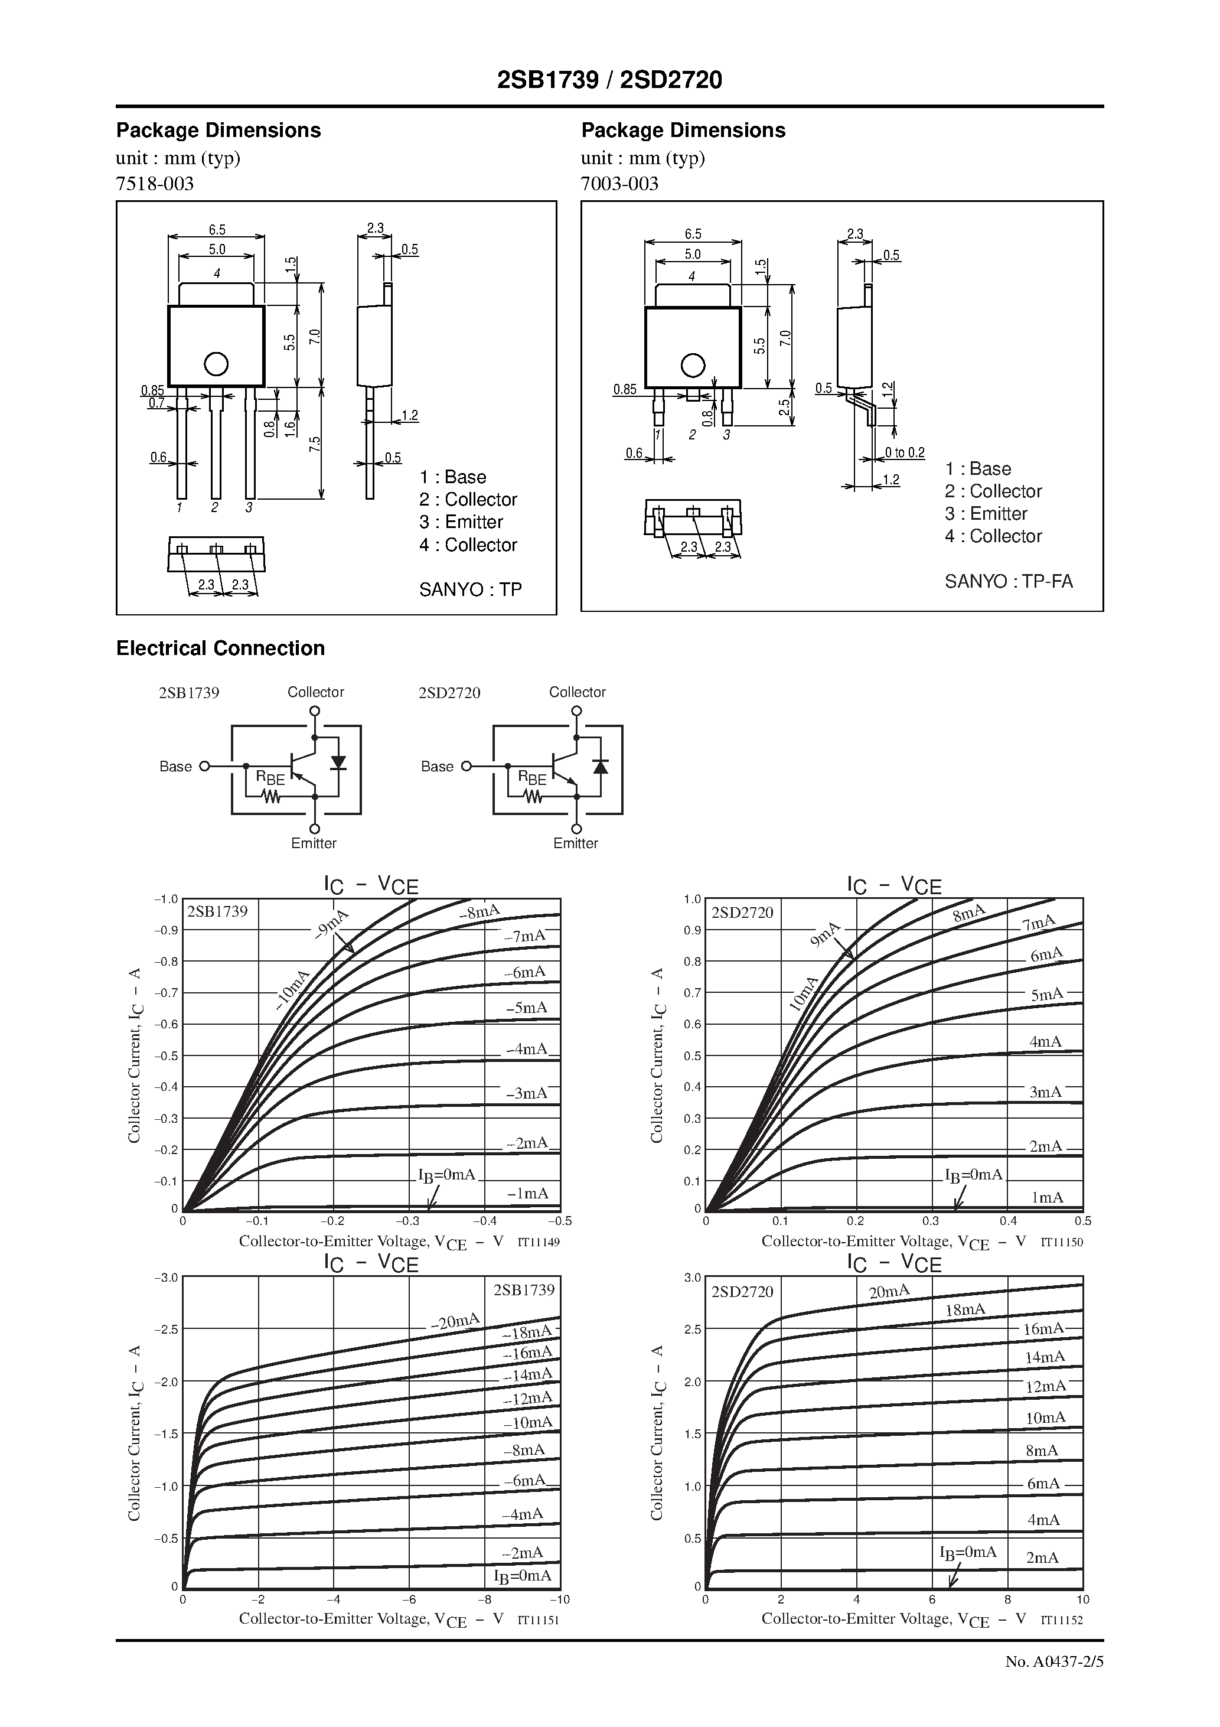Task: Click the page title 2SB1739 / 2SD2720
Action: pos(609,80)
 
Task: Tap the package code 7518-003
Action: pos(155,184)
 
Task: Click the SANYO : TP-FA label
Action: pos(1009,581)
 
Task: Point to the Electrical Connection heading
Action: pos(220,649)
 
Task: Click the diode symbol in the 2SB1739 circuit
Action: pos(338,763)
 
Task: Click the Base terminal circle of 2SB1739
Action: pos(204,767)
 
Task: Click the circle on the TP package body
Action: pos(216,364)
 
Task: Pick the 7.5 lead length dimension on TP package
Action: pos(314,444)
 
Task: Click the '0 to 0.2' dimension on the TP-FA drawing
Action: pos(904,453)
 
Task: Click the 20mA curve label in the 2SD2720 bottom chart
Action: pos(889,1292)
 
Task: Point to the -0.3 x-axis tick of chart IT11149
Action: pos(409,1221)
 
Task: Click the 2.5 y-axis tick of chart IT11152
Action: pos(693,1329)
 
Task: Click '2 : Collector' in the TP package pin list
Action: pos(468,500)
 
